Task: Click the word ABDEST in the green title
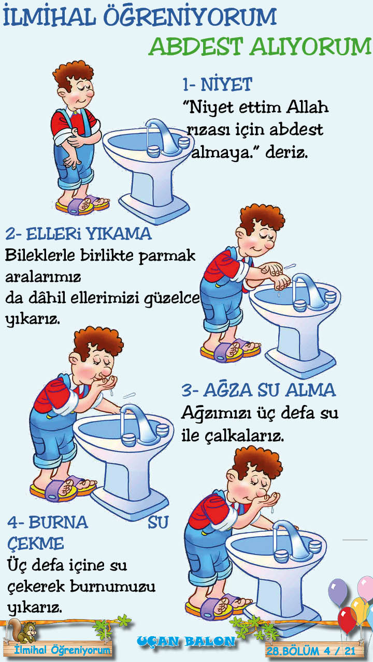196,47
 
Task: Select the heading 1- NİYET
217,84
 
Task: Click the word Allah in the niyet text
307,107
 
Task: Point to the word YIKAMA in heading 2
119,234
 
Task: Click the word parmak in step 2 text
167,257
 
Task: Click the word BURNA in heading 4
59,522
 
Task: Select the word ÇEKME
36,543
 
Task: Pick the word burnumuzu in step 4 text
112,586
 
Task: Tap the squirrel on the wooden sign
23,630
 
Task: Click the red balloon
347,620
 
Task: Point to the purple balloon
337,591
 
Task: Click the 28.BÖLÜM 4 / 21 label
311,651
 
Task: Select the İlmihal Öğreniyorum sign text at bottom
63,650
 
